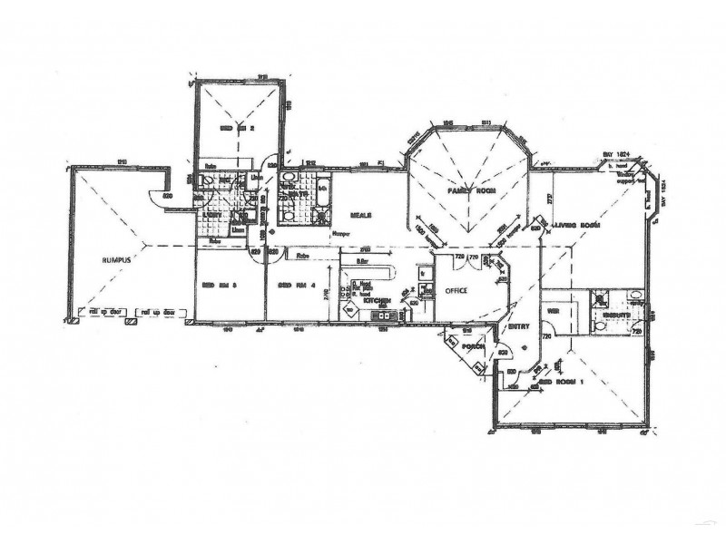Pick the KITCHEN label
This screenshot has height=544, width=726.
point(377,300)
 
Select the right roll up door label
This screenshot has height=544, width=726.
point(156,314)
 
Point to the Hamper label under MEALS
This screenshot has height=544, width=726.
point(340,233)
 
